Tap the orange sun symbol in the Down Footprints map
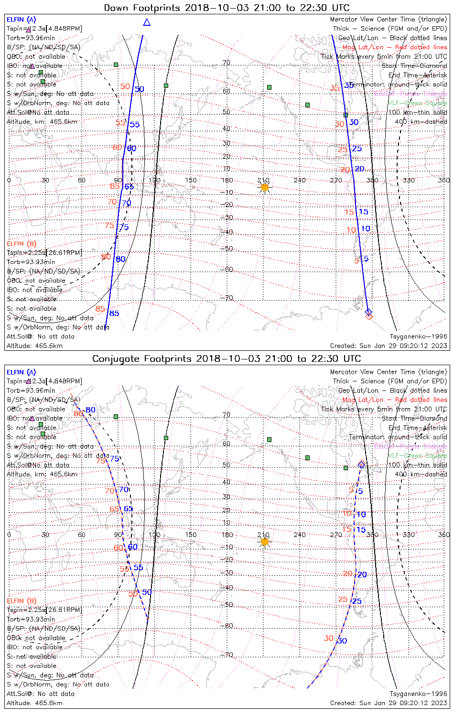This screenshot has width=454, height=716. (265, 187)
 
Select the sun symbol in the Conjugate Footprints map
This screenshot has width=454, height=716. (265, 542)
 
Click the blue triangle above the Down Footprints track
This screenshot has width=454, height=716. (147, 22)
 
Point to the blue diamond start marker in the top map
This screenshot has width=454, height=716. (368, 312)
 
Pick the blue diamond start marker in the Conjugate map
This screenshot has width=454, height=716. (362, 464)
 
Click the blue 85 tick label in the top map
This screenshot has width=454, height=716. (114, 314)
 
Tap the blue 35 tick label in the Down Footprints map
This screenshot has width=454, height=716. (349, 85)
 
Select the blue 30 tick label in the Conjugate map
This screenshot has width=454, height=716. (342, 641)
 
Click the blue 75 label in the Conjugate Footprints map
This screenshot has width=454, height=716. (115, 459)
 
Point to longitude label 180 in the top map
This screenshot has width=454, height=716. (227, 180)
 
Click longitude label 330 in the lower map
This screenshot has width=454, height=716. (409, 535)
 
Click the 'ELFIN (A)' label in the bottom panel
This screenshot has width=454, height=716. (22, 372)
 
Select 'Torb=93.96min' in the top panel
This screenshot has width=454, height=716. (31, 38)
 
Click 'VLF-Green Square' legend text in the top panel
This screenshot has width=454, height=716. (417, 103)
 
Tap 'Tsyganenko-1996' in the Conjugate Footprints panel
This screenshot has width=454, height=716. (418, 694)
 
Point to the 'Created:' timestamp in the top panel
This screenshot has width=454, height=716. (388, 346)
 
